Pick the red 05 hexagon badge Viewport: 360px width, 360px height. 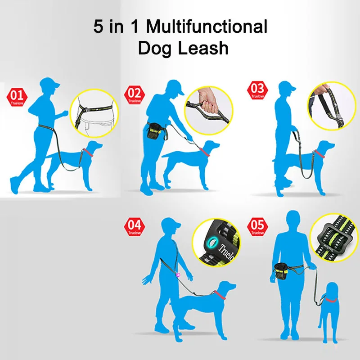(x=257, y=226)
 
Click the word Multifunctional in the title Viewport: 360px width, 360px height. (x=207, y=27)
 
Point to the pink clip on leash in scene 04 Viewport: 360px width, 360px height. (x=178, y=274)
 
